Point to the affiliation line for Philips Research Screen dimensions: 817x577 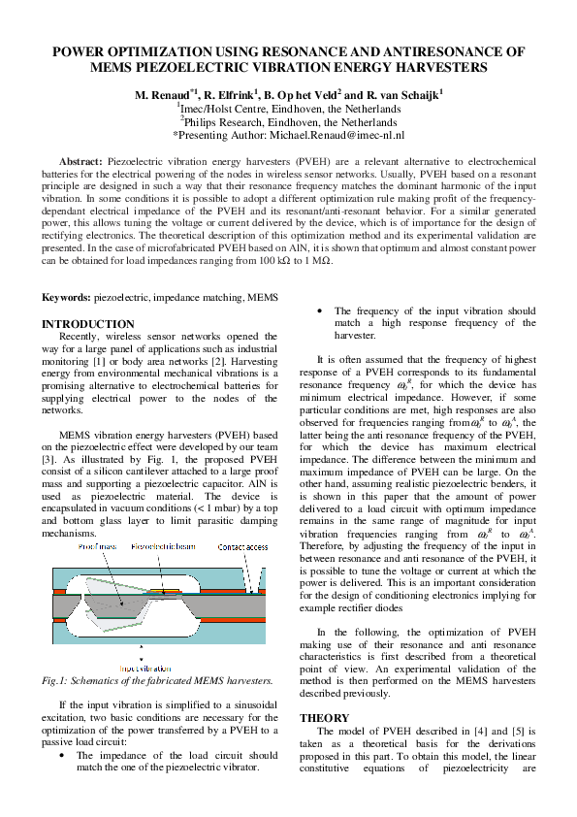click(288, 123)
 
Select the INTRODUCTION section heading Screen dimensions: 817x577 click(88, 324)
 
